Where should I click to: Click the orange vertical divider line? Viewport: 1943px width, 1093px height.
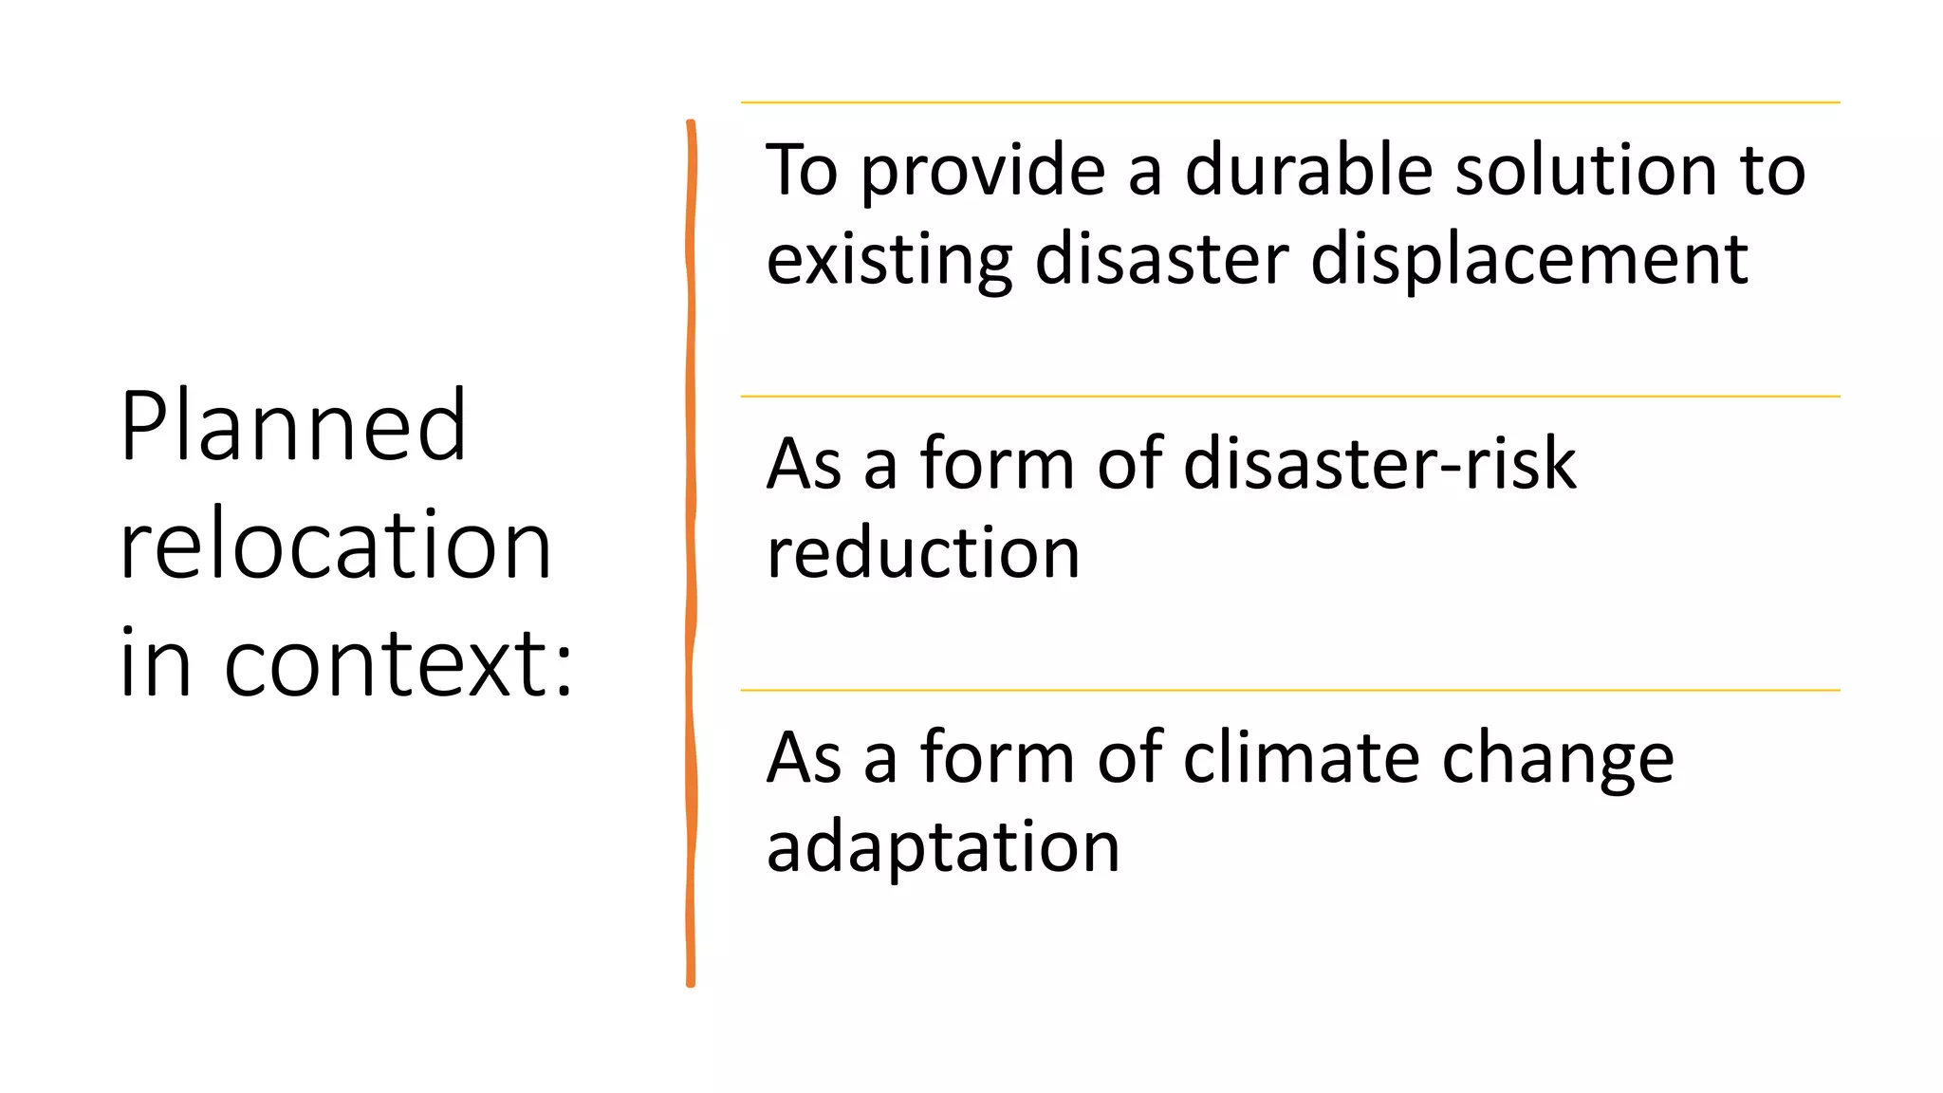pos(691,550)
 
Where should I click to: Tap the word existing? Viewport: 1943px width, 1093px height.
pos(889,260)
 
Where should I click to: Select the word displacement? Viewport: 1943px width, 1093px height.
pos(1529,260)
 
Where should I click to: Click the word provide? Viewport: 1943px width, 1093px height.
pos(983,173)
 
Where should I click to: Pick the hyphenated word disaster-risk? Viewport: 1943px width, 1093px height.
pos(1379,464)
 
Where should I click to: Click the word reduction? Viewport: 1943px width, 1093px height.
pos(922,553)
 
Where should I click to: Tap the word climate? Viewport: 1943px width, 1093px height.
pos(1302,758)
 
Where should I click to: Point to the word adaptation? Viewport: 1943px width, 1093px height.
pos(942,847)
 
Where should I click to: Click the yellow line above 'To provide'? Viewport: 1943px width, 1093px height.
pos(1289,102)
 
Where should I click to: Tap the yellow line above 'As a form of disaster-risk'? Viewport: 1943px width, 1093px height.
pos(1289,397)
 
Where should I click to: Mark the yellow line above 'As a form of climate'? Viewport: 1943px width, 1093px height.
pos(1289,691)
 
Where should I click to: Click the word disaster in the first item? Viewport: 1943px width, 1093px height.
pos(1161,260)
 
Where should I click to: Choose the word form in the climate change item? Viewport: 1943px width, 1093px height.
pos(995,758)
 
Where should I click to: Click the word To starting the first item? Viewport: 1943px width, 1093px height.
pos(802,171)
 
